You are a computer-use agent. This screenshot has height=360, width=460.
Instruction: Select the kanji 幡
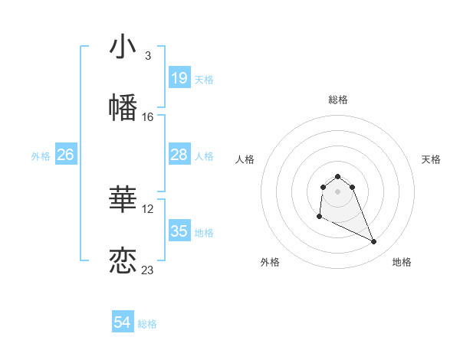pos(123,108)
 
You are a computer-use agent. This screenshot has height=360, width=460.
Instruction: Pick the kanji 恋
pos(123,261)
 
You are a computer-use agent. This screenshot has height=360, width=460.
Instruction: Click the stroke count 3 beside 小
pos(148,55)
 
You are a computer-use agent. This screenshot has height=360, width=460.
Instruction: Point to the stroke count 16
pos(148,117)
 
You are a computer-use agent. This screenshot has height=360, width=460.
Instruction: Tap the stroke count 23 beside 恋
pos(148,270)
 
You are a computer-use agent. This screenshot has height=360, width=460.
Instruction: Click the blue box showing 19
pos(179,78)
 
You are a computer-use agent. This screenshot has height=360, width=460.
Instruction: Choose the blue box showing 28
pos(179,155)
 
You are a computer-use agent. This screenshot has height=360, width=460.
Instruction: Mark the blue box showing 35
pos(179,231)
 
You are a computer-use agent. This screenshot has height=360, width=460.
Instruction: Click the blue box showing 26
pos(65,155)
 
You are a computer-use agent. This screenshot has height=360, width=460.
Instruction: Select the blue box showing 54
pos(123,323)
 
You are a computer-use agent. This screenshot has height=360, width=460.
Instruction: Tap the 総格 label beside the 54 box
pos(147,324)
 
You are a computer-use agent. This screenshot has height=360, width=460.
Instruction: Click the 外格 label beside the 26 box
pos(41,156)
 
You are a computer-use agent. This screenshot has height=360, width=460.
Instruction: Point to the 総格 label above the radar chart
pos(338,100)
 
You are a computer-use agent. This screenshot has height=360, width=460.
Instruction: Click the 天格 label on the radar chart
pos(431,159)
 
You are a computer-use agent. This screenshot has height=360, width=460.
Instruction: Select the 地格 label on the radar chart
pos(402,262)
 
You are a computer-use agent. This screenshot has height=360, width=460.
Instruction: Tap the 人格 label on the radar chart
pos(245,159)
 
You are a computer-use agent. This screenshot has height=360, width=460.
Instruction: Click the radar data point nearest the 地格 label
pos(374,242)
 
